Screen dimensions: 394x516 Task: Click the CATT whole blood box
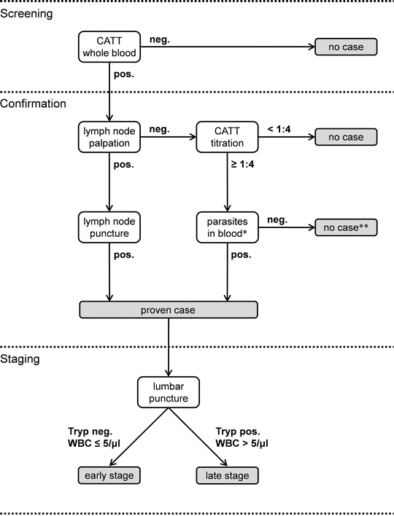[x=109, y=47]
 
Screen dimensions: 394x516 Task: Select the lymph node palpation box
[x=109, y=137]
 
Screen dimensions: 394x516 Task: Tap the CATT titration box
[x=228, y=137]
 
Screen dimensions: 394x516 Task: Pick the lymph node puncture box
[x=109, y=227]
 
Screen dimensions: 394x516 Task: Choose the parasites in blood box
[x=228, y=227]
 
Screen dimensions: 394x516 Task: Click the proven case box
[x=169, y=310]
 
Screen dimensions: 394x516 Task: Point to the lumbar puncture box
[x=169, y=392]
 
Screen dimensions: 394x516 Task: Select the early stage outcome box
[x=109, y=475]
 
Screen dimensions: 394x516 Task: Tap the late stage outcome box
[x=228, y=475]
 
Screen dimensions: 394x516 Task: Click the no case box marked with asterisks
[x=346, y=227]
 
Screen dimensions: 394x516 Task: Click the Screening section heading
[x=26, y=14]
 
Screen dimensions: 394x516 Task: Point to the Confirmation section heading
[x=33, y=103]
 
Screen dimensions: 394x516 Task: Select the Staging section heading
[x=20, y=359]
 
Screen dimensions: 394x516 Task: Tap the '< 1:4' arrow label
[x=279, y=129]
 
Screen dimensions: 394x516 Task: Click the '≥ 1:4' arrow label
[x=242, y=164]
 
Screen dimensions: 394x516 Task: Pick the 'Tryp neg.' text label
[x=90, y=431]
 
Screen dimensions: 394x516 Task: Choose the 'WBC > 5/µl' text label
[x=242, y=443]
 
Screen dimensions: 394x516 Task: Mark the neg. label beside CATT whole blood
[x=160, y=39]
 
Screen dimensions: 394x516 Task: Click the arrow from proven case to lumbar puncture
[x=169, y=348]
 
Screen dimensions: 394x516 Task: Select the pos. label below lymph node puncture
[x=124, y=254]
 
